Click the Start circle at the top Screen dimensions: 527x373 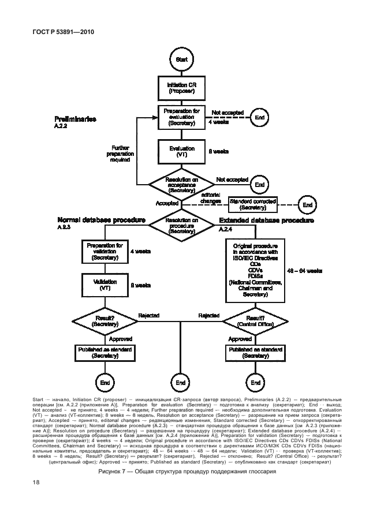[x=181, y=59]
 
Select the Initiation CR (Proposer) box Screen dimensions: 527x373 [x=181, y=88]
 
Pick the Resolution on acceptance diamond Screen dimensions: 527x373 [x=181, y=184]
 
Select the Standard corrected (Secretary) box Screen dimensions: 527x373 [x=253, y=204]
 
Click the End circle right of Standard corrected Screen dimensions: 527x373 [x=307, y=204]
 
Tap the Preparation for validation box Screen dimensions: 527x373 [x=105, y=252]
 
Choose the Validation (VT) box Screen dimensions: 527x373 [x=105, y=285]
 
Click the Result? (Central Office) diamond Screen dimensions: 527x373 [x=255, y=322]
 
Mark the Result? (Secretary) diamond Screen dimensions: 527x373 [x=105, y=322]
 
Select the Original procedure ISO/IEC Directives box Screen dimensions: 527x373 [x=255, y=270]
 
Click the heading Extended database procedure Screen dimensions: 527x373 [x=266, y=220]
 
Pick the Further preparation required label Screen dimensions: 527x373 [x=120, y=154]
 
